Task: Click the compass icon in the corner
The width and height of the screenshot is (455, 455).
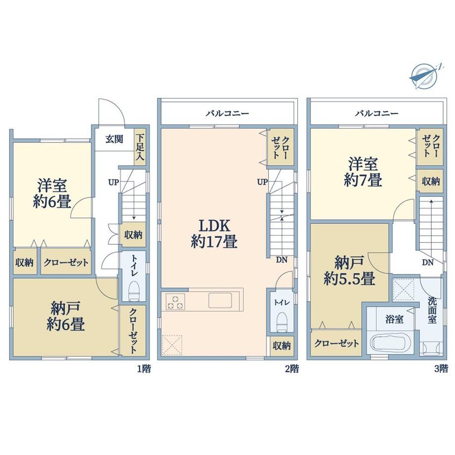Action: click(x=424, y=76)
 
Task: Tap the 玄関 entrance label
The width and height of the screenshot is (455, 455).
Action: click(x=114, y=139)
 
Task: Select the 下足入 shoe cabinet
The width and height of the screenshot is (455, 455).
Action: click(x=140, y=147)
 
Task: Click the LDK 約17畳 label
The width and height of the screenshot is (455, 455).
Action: click(x=214, y=233)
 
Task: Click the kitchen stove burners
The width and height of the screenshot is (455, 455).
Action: click(x=175, y=302)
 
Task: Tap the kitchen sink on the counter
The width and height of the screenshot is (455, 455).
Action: click(x=220, y=300)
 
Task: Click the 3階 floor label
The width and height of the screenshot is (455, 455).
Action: click(x=441, y=369)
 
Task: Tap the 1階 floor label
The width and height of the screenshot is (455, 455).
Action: click(x=144, y=369)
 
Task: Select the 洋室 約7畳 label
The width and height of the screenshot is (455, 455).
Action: click(x=363, y=172)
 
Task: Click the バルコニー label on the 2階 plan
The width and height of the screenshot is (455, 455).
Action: click(x=227, y=113)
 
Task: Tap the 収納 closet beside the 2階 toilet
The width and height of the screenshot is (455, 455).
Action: click(x=281, y=346)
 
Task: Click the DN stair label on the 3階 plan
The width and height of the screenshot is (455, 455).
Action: click(x=428, y=263)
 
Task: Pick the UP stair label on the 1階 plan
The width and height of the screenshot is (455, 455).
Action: click(x=113, y=182)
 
